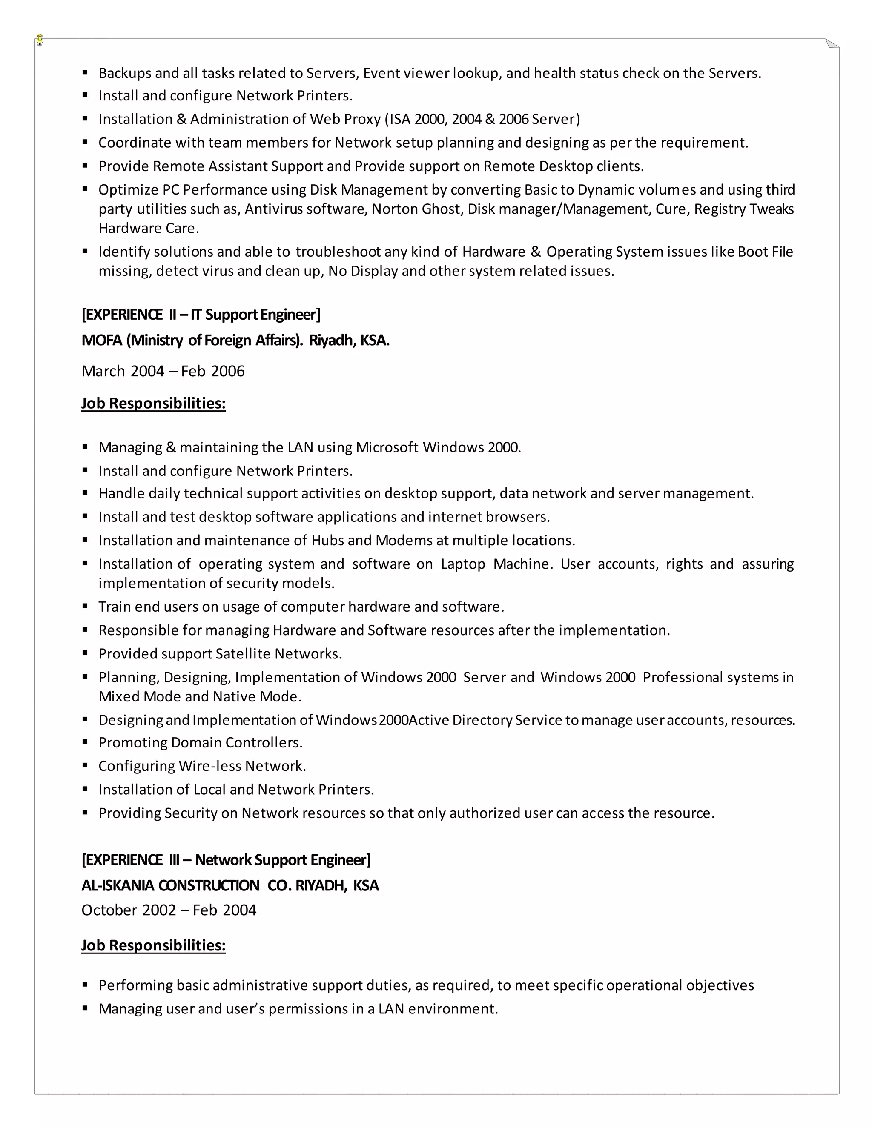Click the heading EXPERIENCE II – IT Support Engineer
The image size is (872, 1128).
point(201,315)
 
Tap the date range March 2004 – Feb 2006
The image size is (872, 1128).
point(163,371)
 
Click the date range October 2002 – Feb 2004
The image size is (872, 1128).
point(169,910)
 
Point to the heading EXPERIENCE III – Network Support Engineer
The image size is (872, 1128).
point(226,860)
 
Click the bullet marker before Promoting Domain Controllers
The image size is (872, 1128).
point(85,742)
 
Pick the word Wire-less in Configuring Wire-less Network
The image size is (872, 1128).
point(210,766)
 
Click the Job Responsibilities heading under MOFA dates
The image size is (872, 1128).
point(153,404)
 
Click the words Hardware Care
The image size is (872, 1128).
point(148,228)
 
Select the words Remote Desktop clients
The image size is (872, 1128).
point(563,166)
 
